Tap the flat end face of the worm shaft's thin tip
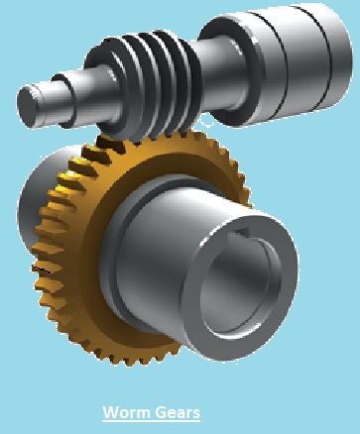[27, 106]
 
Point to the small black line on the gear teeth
[42, 269]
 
